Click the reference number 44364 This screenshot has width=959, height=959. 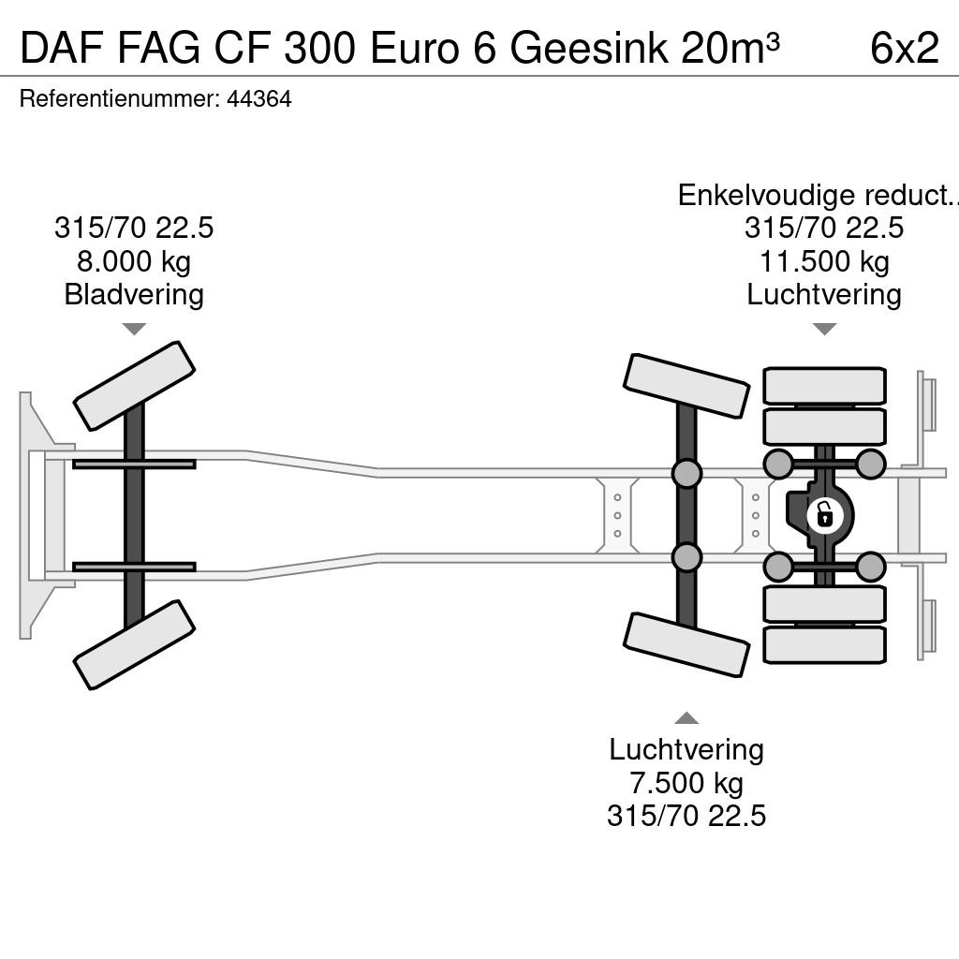(258, 99)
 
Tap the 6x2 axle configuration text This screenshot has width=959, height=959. (905, 48)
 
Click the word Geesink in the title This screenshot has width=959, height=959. (588, 48)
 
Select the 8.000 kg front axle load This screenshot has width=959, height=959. (134, 261)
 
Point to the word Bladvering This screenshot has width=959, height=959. (134, 294)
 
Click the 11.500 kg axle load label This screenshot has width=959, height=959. (824, 261)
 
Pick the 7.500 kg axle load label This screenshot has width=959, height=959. (686, 782)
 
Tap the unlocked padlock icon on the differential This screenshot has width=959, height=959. (824, 515)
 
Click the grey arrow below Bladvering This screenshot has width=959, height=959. (134, 329)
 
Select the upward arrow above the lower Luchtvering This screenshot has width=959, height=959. (686, 718)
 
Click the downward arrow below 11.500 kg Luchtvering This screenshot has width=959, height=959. (824, 329)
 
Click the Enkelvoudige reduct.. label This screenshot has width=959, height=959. (818, 196)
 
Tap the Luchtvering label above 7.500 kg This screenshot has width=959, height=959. (686, 749)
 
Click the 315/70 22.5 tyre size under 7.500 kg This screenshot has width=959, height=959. (686, 816)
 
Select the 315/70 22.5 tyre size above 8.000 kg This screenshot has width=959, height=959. (134, 228)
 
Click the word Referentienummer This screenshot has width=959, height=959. (120, 99)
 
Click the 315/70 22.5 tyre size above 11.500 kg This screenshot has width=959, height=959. (824, 228)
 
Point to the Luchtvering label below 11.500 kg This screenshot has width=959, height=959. (824, 294)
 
